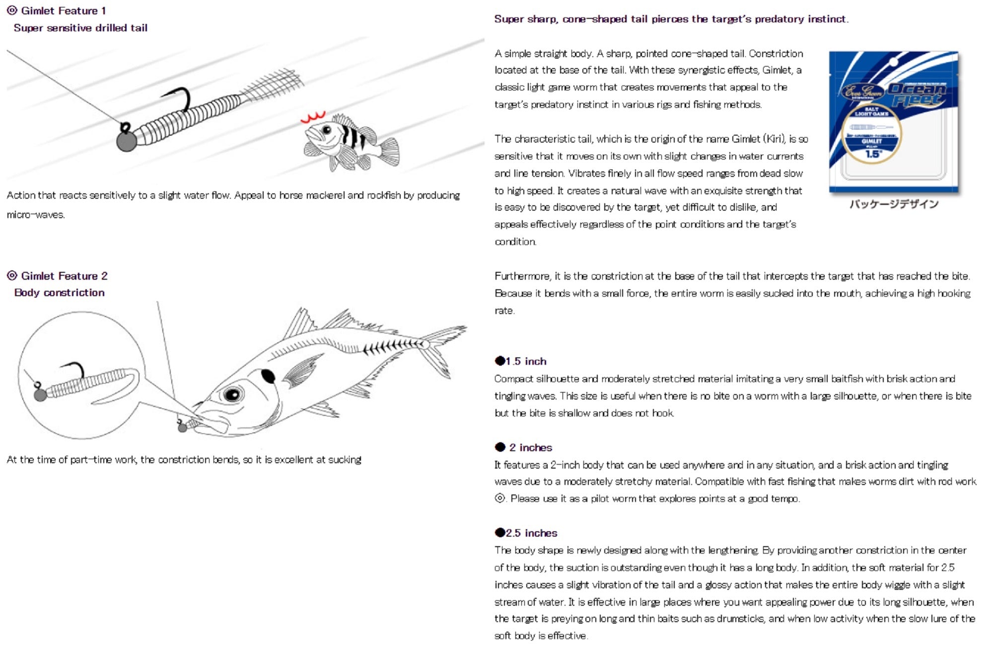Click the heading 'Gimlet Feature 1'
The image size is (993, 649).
tap(63, 11)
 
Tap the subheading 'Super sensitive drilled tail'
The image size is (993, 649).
tap(80, 28)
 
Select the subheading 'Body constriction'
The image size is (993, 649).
tap(60, 293)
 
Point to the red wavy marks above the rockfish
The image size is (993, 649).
tap(313, 117)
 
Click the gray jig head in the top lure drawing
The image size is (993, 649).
tap(126, 141)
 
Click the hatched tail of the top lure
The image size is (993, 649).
tap(273, 84)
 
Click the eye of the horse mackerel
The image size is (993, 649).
tap(232, 395)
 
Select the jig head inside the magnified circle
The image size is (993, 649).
tap(40, 395)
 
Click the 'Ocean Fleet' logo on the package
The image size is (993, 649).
tap(916, 94)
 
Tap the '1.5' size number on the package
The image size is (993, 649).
tap(872, 154)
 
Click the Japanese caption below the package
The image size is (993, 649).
tap(893, 204)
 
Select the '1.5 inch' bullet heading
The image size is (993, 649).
tap(525, 361)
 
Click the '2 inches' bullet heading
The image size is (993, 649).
tap(530, 447)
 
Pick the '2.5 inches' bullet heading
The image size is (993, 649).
tap(531, 533)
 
